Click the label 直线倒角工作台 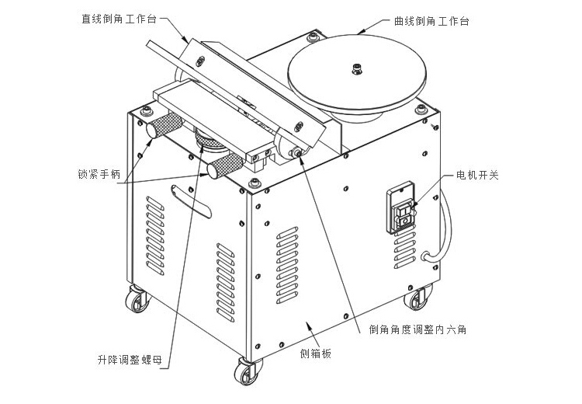(119, 19)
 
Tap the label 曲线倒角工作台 (431, 21)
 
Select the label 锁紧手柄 (99, 174)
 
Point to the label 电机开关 (477, 175)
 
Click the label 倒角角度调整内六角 (418, 329)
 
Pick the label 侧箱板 (316, 353)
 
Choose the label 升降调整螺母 (130, 360)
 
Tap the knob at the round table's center (357, 69)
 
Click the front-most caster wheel (247, 371)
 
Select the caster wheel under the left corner (137, 298)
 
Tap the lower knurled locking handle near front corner (225, 166)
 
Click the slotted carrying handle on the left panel (191, 201)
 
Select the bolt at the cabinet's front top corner (255, 183)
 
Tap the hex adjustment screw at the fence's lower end (296, 152)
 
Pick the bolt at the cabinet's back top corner (314, 37)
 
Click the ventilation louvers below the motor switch (404, 250)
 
